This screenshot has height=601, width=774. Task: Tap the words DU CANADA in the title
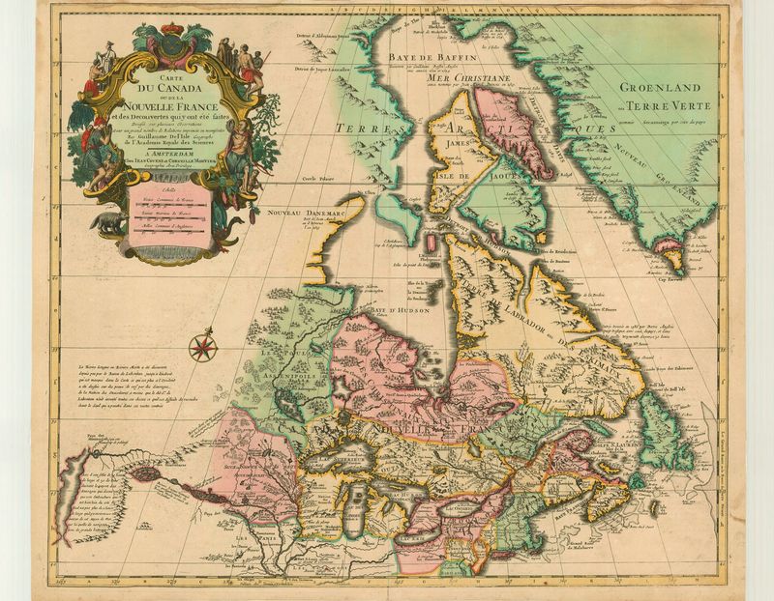pos(164,92)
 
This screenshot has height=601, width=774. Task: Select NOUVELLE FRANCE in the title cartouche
pos(164,107)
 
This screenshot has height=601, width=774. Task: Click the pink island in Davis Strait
pos(523,130)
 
